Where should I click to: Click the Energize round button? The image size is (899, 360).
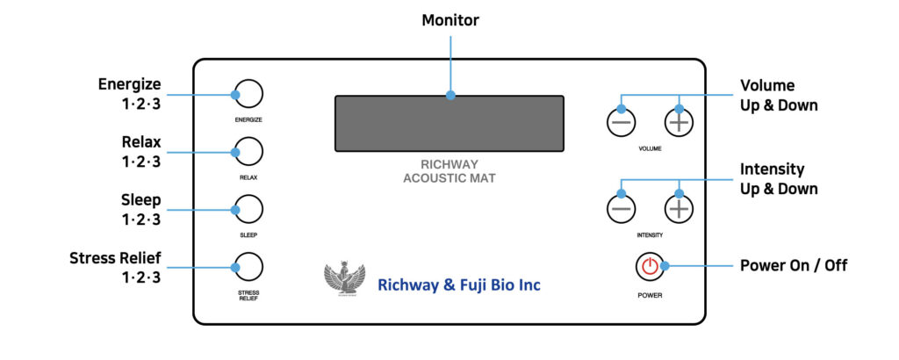(248, 94)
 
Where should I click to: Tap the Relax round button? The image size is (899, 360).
(248, 152)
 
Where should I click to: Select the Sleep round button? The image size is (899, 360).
(248, 210)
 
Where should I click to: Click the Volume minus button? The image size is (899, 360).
(622, 122)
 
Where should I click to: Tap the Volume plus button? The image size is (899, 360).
(678, 122)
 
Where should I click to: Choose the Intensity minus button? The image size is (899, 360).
(622, 208)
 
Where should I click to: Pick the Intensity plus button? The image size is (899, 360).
(678, 208)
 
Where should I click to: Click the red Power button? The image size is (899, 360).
(650, 266)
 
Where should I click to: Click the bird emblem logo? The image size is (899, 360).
(343, 280)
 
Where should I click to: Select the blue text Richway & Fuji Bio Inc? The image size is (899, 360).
(459, 285)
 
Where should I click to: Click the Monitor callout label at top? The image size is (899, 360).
(449, 20)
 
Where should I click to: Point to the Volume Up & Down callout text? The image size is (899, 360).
(779, 96)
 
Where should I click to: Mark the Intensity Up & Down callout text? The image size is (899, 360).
(779, 179)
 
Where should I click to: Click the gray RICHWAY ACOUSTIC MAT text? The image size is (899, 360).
(449, 171)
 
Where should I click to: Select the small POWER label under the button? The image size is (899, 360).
(650, 296)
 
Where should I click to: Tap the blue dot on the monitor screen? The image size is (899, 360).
(450, 95)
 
